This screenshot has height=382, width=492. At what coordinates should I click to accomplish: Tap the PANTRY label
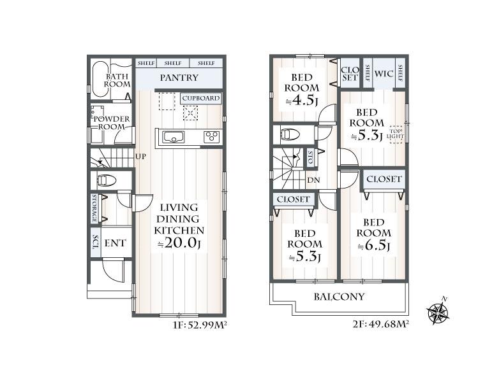[x=179, y=78]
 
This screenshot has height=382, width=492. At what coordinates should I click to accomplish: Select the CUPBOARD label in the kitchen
[x=201, y=98]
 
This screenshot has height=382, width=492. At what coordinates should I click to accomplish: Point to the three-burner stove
[x=211, y=137]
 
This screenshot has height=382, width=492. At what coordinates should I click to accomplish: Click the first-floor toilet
[x=106, y=181]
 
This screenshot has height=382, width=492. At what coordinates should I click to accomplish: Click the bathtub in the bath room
[x=100, y=80]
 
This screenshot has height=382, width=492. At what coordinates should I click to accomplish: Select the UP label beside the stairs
[x=140, y=156]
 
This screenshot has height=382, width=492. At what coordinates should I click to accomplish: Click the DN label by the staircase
[x=313, y=180]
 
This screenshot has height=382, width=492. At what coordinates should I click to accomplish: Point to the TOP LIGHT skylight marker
[x=396, y=134]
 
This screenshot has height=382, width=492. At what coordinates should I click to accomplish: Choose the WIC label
[x=384, y=74]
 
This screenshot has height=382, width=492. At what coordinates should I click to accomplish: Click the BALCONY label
[x=339, y=297]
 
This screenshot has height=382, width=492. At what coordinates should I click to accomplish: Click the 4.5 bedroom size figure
[x=302, y=101]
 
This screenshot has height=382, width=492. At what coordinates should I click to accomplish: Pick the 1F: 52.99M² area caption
[x=200, y=325]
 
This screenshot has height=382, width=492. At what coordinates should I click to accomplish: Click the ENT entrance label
[x=115, y=243]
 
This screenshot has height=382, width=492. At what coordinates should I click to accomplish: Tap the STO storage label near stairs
[x=311, y=157]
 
